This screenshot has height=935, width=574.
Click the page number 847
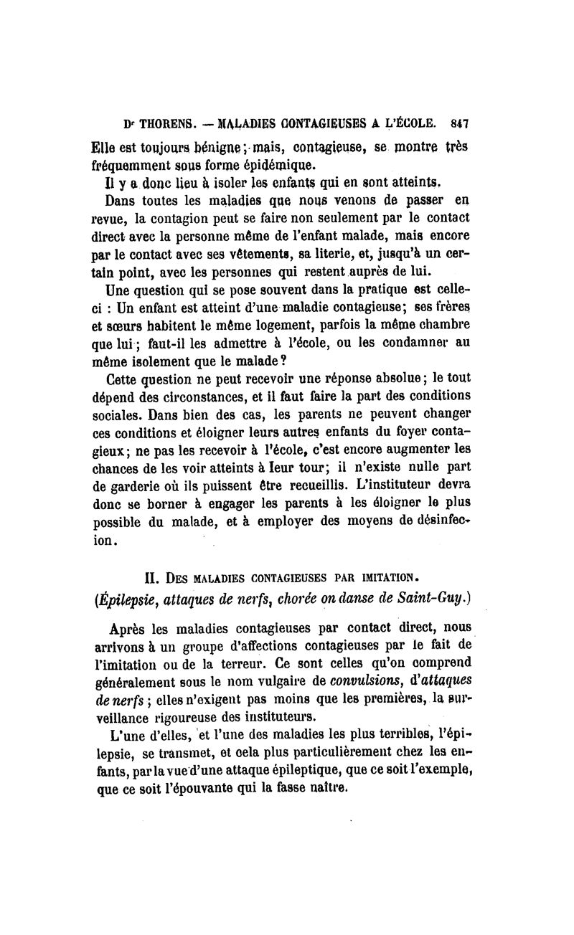459,123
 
